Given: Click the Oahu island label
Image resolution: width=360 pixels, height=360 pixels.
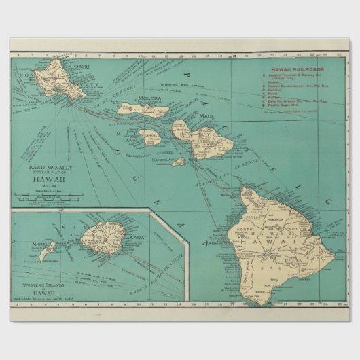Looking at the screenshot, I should click(x=82, y=66).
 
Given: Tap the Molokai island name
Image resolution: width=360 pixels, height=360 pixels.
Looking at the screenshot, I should click(x=151, y=99).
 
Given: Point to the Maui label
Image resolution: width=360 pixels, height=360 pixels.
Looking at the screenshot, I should click(x=206, y=116).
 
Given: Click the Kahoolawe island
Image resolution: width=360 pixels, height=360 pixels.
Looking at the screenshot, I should click(x=178, y=162).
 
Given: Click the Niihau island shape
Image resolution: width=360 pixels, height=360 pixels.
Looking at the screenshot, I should click(x=47, y=253).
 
